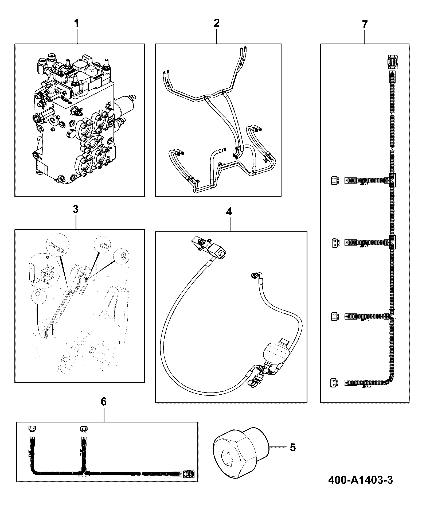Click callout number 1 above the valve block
[77, 23]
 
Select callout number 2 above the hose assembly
[217, 23]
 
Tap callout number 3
[76, 209]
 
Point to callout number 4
[229, 212]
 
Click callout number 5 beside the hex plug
[293, 448]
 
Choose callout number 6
[103, 409]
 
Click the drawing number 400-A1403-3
[361, 480]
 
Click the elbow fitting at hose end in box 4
[256, 276]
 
